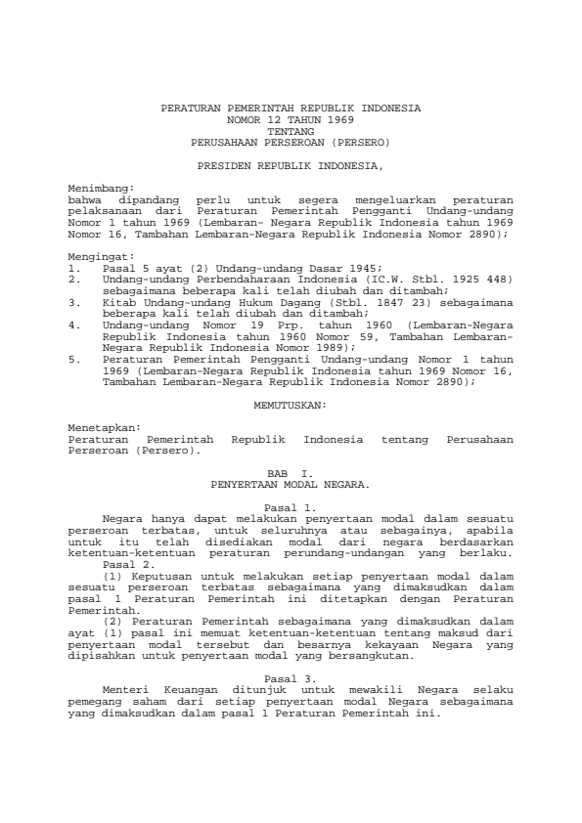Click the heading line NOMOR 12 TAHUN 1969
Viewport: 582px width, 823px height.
291,118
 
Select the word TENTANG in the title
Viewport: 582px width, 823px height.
291,130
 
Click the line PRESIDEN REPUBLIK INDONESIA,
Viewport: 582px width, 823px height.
291,165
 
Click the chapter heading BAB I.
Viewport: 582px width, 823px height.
291,473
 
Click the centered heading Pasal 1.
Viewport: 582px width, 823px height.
291,507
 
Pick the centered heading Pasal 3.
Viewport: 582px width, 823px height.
291,678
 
